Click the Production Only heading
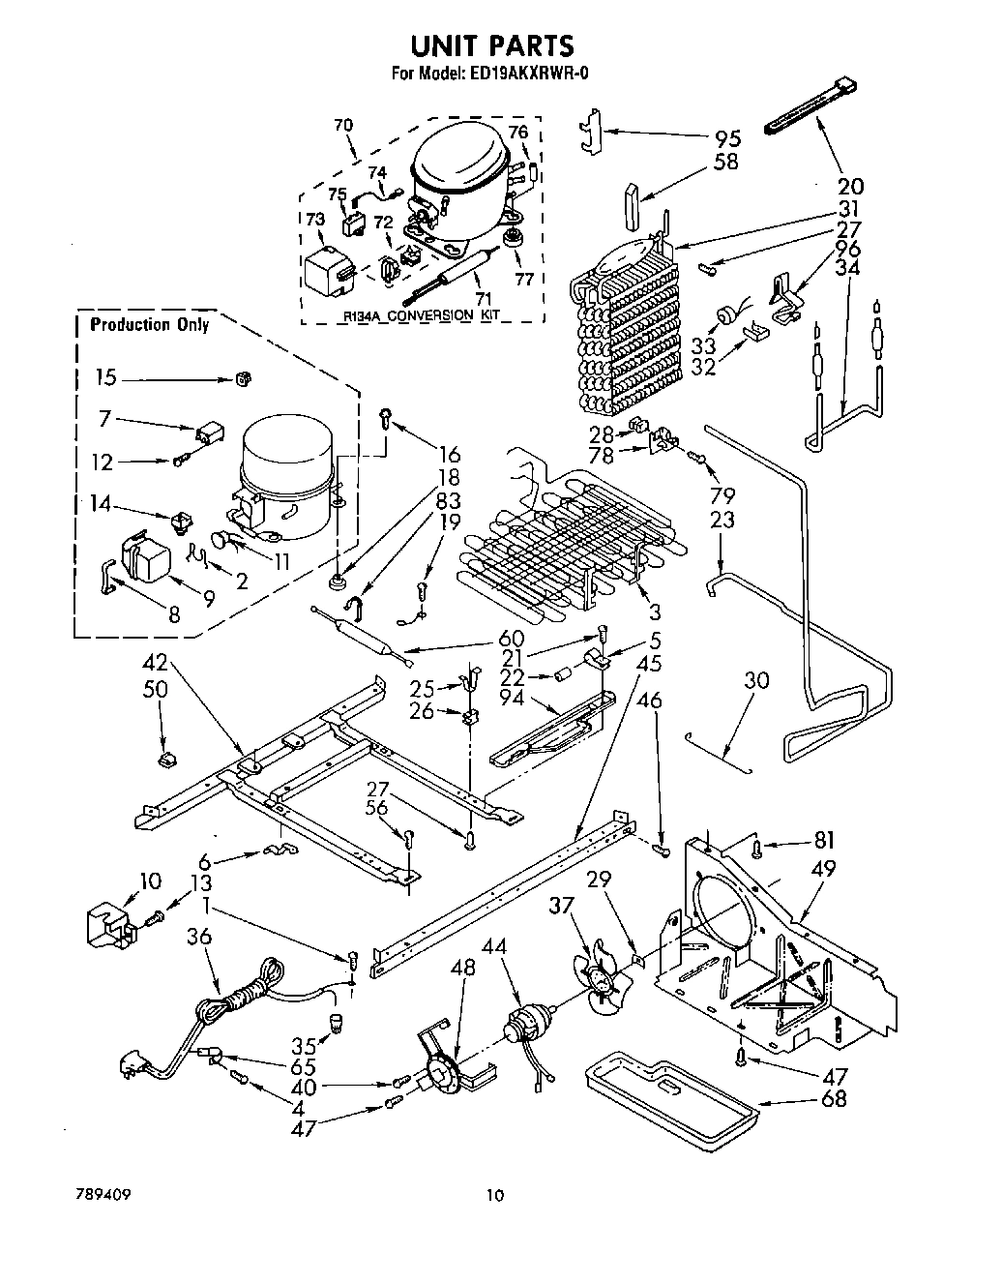[x=149, y=325]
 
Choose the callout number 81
[x=823, y=840]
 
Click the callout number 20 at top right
[x=852, y=186]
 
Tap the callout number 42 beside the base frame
[x=156, y=664]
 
